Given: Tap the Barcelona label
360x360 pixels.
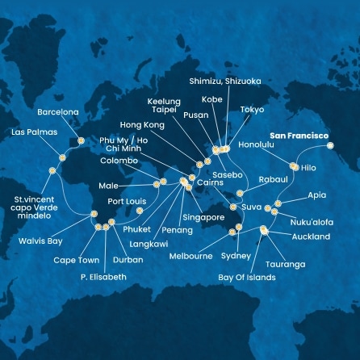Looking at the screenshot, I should (x=58, y=112).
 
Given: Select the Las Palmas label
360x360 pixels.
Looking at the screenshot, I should (x=29, y=131).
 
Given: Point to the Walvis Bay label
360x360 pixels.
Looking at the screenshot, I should (x=50, y=240).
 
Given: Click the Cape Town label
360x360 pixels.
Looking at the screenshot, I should (x=77, y=260).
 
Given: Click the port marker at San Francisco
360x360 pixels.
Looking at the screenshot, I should (x=332, y=147).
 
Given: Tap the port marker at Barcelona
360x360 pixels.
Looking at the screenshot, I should (x=80, y=141).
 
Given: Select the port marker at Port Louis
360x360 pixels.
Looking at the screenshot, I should (x=139, y=211).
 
